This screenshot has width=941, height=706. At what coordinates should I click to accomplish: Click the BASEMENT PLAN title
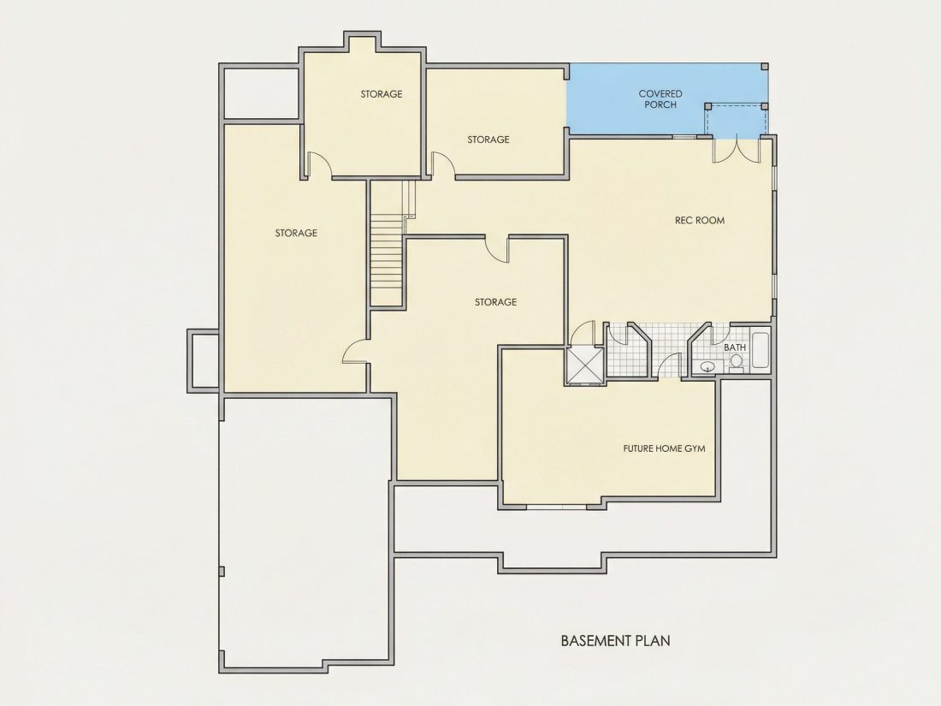coord(615,641)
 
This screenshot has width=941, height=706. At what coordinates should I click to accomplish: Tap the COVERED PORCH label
coord(660,99)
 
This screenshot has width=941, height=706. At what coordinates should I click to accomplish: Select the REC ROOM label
coord(699,220)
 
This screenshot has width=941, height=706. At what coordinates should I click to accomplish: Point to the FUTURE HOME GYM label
coord(664,448)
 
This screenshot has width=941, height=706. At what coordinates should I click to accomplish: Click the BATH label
coord(735,347)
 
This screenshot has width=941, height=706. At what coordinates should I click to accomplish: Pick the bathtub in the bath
coord(760,350)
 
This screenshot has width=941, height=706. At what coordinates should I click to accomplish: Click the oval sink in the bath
coord(708,365)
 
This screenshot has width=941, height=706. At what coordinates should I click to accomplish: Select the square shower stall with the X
coord(584,365)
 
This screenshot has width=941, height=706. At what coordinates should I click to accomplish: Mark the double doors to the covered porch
coord(737,150)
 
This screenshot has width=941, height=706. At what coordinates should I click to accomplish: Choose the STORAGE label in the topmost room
coord(381,94)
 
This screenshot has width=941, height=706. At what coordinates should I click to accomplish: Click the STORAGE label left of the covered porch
coord(488,139)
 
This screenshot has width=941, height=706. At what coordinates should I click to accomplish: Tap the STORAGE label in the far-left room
coord(296,233)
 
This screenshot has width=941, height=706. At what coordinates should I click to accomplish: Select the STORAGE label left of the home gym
coord(495,302)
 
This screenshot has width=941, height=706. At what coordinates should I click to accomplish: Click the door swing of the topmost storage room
coord(320,163)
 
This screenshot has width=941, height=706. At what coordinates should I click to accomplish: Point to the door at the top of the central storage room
coord(497,249)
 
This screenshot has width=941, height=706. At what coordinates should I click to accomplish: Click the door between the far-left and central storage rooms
coord(355,351)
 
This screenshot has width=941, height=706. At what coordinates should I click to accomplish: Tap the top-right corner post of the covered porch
coord(765,67)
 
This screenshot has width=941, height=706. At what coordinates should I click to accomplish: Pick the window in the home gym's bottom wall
coord(556,507)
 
